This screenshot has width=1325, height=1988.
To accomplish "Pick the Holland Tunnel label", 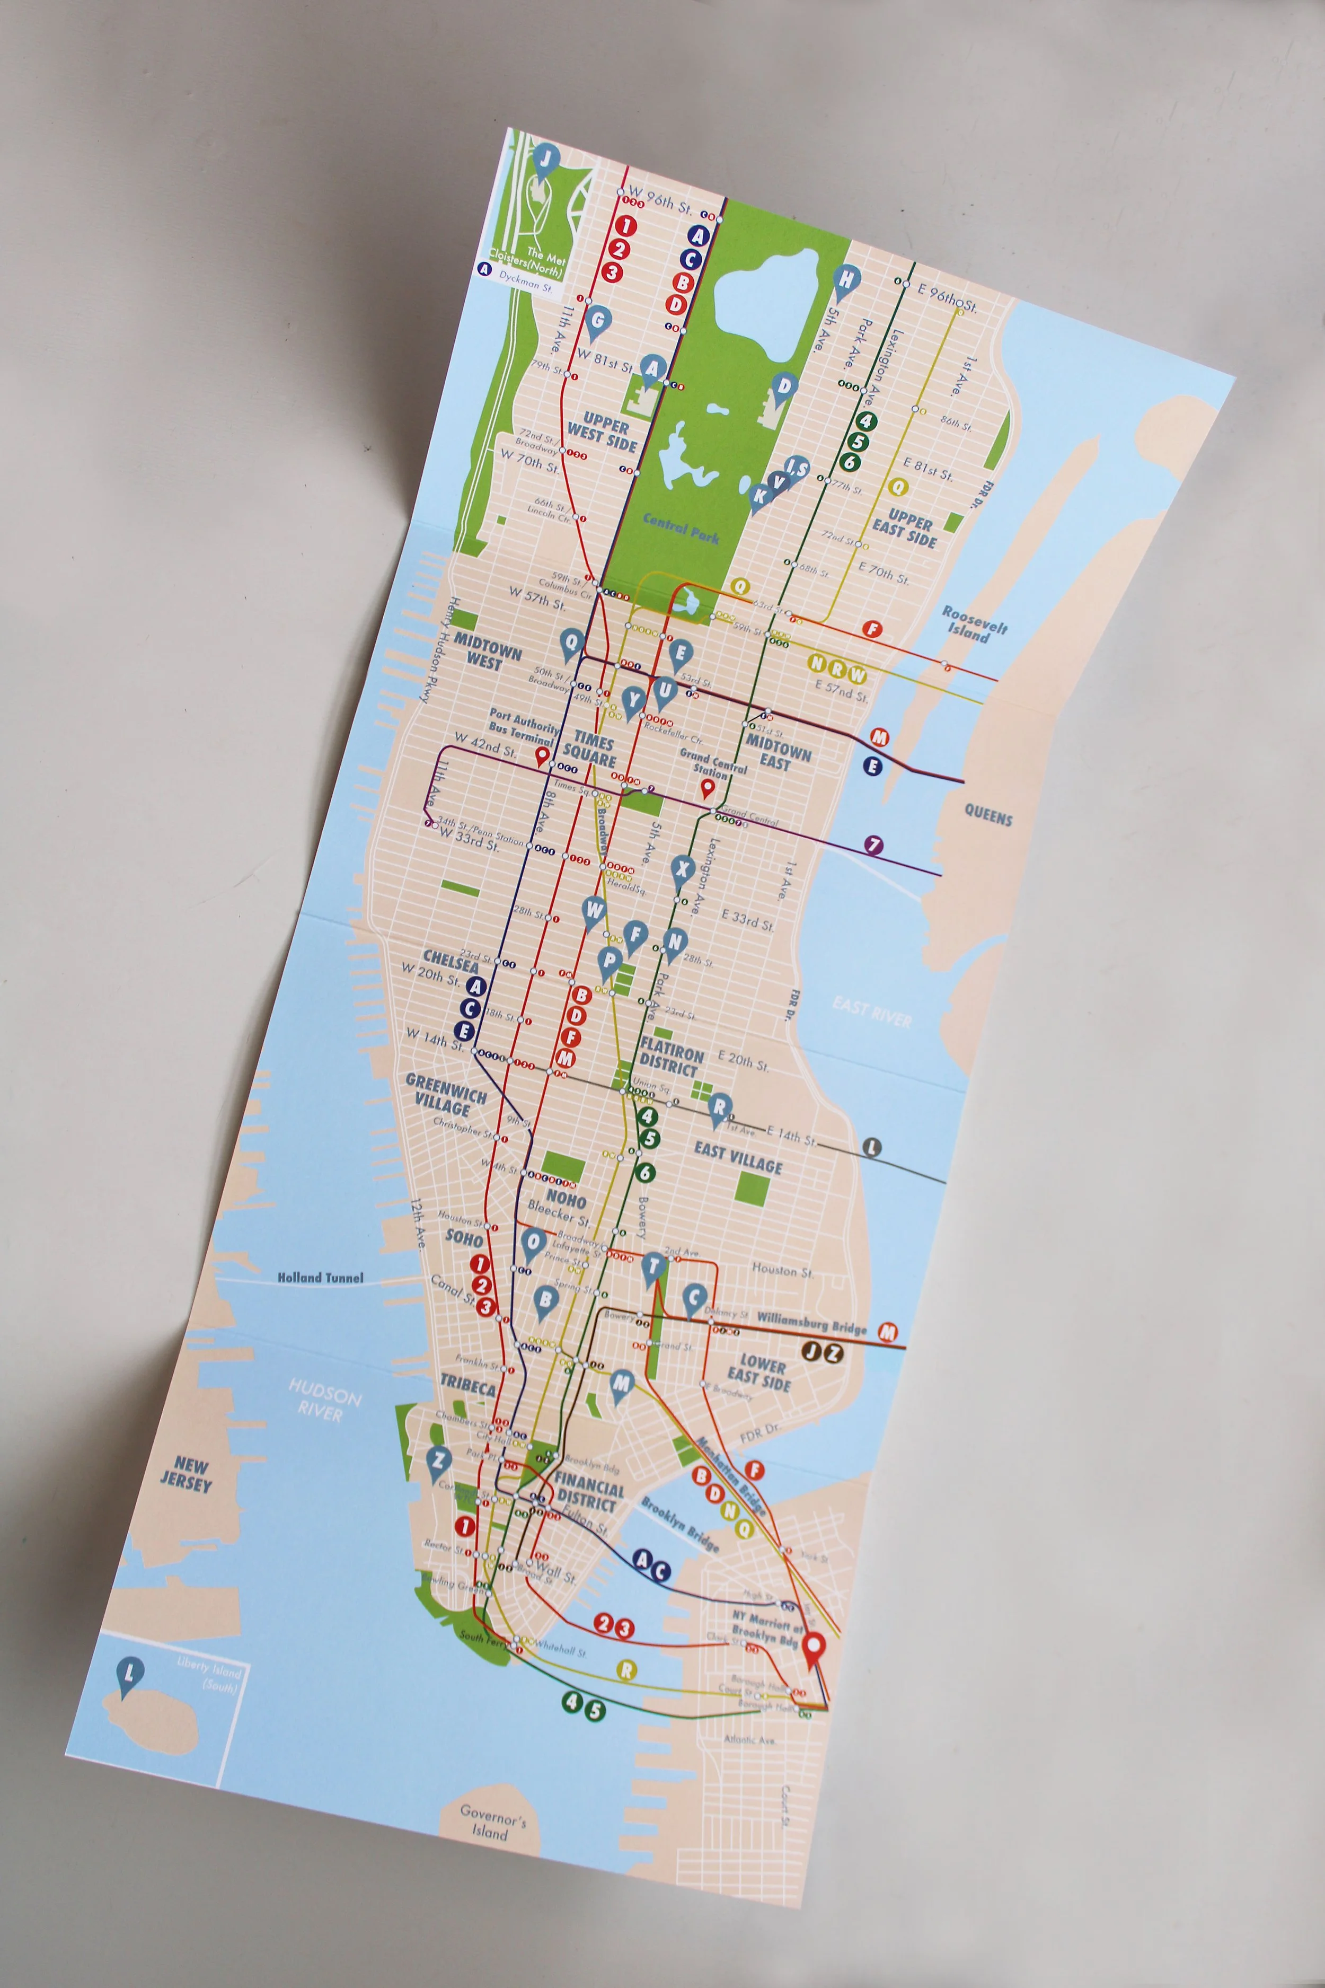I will [x=321, y=1278].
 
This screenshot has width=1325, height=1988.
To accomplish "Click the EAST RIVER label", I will [x=871, y=1011].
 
